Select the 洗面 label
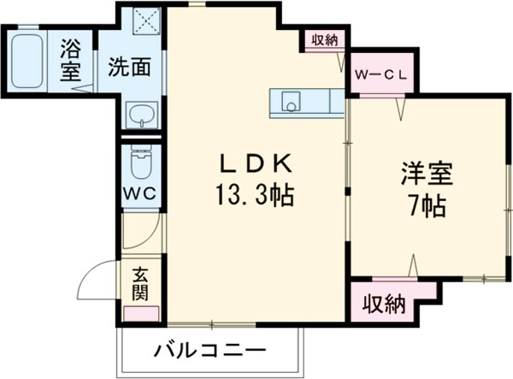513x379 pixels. point(129,66)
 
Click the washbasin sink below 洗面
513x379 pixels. point(139,114)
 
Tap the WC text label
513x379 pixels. point(139,192)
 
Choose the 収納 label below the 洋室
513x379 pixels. point(382,302)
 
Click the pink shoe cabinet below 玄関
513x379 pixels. point(142,311)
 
